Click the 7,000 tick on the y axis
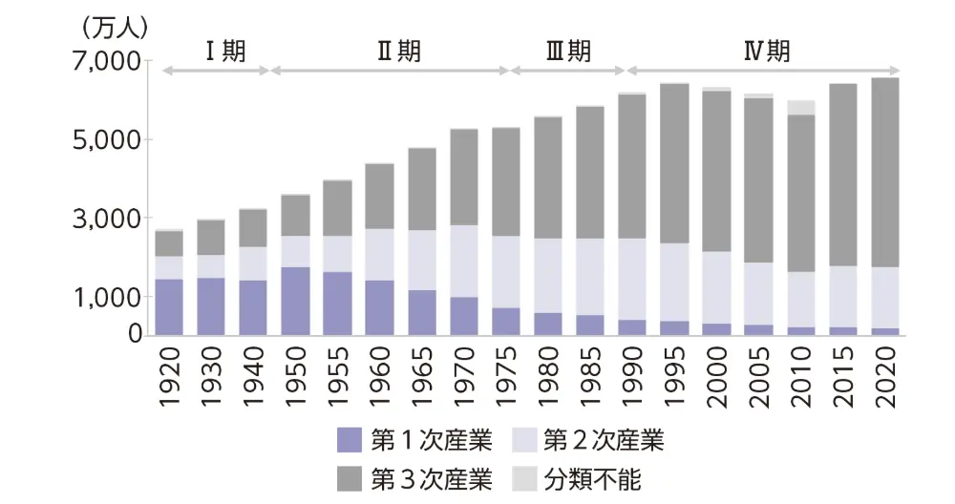(x=104, y=62)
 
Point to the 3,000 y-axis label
(x=104, y=219)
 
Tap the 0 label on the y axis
(x=136, y=335)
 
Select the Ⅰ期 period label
(x=225, y=52)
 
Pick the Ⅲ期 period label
(x=567, y=52)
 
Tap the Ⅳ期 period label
(x=767, y=52)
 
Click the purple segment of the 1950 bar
(x=295, y=301)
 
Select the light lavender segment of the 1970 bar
(x=464, y=261)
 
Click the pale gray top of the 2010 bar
(x=800, y=107)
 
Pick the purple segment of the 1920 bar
(x=169, y=306)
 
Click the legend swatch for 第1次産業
(x=350, y=440)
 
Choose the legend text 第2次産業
(x=603, y=440)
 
